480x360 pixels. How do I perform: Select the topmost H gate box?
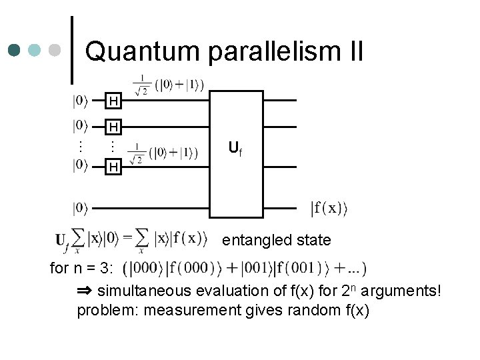[114, 101]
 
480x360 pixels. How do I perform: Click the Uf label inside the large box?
[235, 149]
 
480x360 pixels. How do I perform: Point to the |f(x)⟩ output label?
[329, 209]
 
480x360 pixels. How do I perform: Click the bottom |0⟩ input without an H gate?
[80, 209]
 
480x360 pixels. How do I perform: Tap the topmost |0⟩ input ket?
[80, 101]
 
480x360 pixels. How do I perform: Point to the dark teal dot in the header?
[15, 50]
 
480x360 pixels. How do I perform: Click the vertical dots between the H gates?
[113, 145]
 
